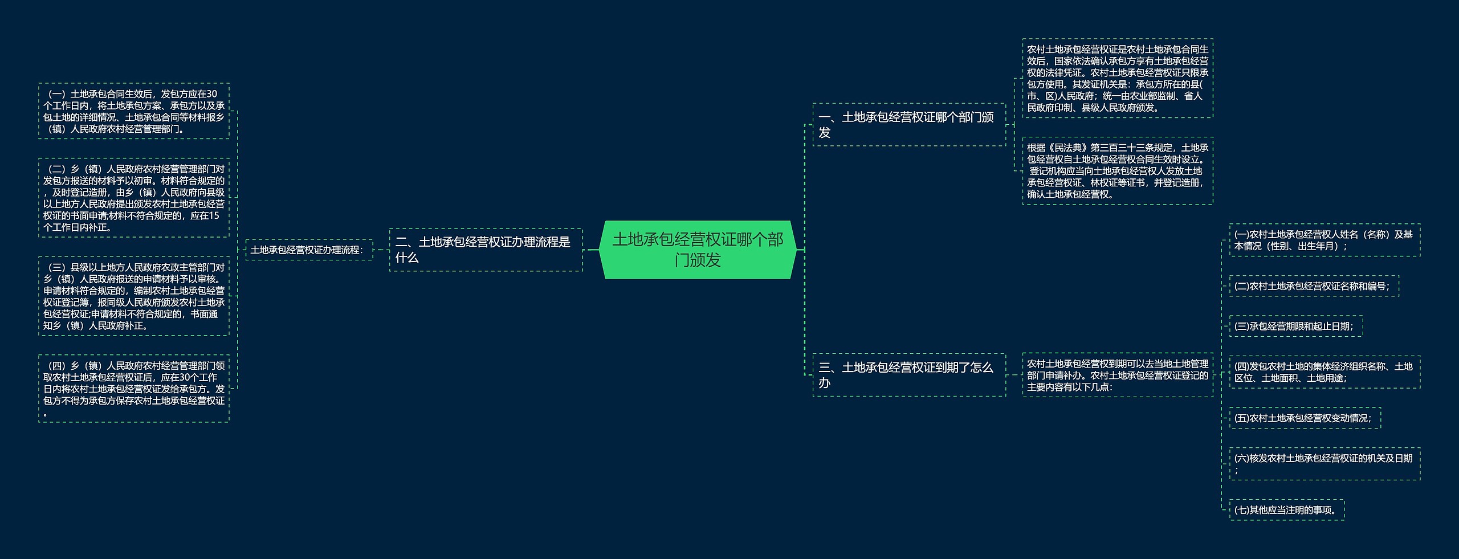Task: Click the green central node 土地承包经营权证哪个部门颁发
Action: [x=698, y=250]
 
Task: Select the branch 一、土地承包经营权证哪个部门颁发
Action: [x=909, y=125]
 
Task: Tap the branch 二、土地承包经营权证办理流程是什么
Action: [x=486, y=250]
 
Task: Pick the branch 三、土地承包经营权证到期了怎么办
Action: [x=909, y=375]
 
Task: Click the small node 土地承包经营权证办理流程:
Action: [x=309, y=250]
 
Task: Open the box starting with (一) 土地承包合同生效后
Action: [x=134, y=111]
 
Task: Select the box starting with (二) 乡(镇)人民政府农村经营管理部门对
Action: [x=134, y=198]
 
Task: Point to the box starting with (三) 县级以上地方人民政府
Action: [x=134, y=296]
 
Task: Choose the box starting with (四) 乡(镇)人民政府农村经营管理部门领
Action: [x=134, y=389]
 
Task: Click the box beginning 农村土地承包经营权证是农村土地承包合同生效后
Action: [x=1118, y=79]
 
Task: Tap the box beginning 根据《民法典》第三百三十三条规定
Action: [x=1118, y=171]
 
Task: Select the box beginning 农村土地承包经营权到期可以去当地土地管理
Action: [x=1118, y=375]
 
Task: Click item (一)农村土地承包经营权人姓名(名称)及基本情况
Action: [x=1324, y=240]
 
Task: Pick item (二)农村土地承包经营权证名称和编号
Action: [x=1314, y=286]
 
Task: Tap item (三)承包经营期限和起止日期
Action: [x=1296, y=326]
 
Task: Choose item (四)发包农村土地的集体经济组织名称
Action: [x=1324, y=372]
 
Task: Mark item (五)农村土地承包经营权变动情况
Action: [x=1305, y=418]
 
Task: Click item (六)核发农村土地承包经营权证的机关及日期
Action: [x=1324, y=464]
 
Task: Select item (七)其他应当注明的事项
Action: [x=1287, y=510]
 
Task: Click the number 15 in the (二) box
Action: [x=214, y=215]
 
